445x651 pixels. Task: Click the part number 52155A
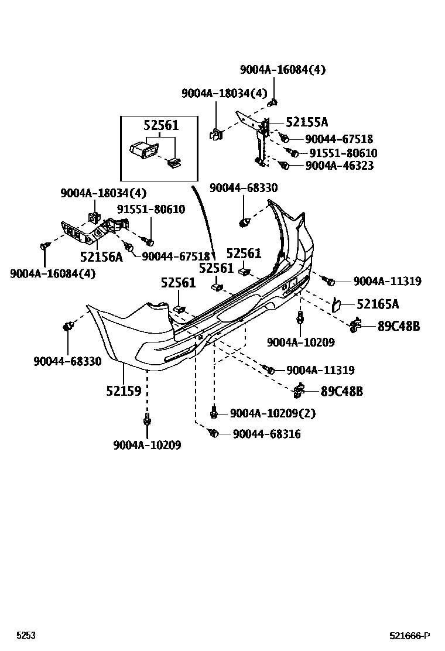[307, 122]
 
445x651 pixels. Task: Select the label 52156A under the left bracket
[101, 256]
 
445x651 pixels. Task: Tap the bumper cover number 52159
[124, 390]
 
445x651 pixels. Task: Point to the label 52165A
[378, 304]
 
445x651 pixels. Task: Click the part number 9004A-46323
[340, 166]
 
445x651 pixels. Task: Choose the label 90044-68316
[267, 434]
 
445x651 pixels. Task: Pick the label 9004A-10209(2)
[273, 413]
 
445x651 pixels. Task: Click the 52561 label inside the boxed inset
[161, 126]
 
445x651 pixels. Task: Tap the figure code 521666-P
[410, 636]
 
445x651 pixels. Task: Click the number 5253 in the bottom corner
[25, 636]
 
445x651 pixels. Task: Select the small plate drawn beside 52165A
[338, 304]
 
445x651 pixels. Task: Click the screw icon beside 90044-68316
[214, 433]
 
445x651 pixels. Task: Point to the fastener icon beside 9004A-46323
[285, 166]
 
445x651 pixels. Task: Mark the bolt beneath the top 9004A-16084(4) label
[273, 103]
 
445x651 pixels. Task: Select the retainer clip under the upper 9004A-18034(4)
[215, 134]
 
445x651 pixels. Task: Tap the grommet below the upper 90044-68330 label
[245, 222]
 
